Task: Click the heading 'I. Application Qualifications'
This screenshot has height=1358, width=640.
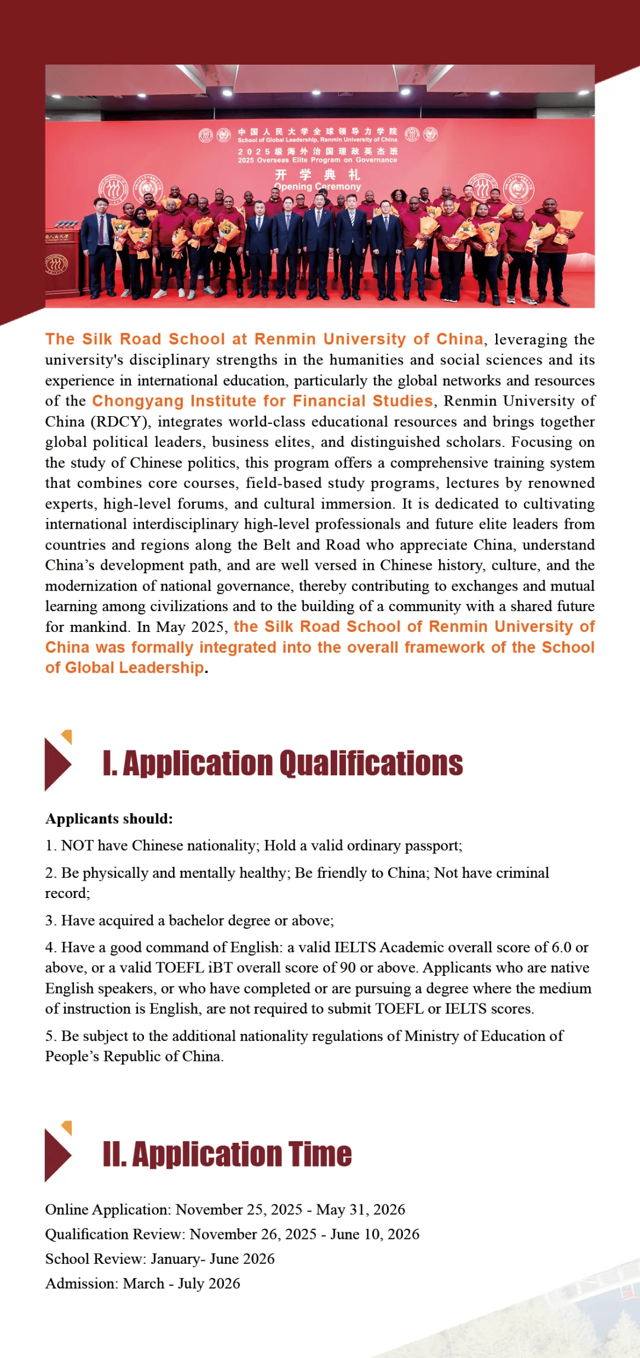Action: point(283,763)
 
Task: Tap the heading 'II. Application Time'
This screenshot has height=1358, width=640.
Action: point(227,1154)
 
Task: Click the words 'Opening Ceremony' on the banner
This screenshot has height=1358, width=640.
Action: point(318,187)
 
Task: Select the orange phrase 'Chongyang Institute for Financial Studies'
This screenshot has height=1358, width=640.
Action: point(263,401)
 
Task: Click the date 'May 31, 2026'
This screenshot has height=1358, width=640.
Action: point(360,1209)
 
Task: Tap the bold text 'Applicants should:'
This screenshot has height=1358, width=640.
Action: point(109,819)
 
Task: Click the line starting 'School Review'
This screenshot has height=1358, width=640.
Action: point(159,1258)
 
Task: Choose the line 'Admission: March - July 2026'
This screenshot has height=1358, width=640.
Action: point(143,1283)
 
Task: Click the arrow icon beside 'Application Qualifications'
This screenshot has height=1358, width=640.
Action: point(58,762)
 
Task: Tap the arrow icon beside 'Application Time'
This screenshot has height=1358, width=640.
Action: point(58,1152)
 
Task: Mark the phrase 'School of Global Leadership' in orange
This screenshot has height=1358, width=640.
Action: point(124,668)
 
